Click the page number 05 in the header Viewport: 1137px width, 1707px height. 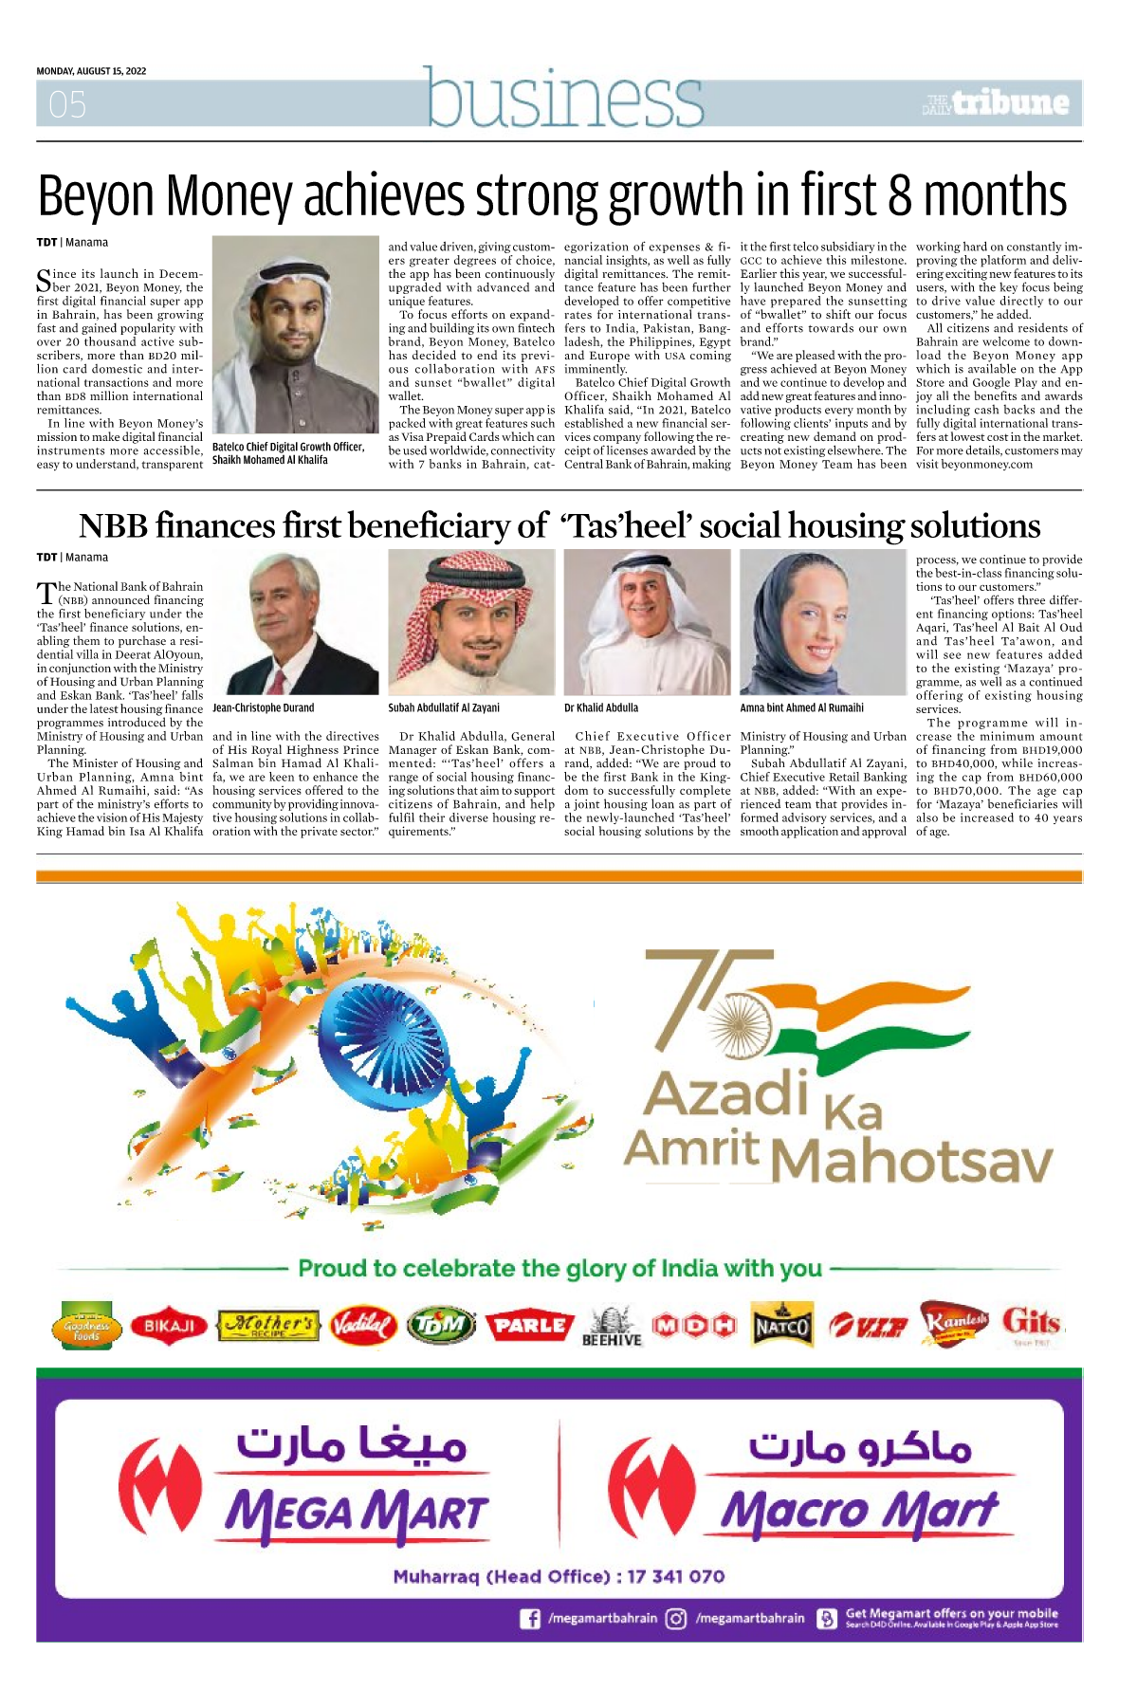tap(67, 104)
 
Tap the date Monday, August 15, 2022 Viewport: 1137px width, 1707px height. tap(91, 71)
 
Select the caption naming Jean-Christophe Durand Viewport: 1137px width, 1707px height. tap(263, 707)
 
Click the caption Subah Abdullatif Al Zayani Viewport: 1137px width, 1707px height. tap(443, 707)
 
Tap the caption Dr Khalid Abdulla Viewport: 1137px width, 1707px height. tap(601, 707)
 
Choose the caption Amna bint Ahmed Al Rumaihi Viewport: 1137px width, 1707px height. tap(801, 707)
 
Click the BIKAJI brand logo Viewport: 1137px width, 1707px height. tap(169, 1326)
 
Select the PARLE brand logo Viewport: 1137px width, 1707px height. tap(530, 1325)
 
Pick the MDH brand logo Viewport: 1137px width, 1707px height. tap(694, 1325)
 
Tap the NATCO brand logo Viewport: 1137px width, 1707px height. tap(781, 1326)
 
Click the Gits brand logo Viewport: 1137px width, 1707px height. tap(1031, 1323)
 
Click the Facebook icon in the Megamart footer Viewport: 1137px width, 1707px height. tap(530, 1619)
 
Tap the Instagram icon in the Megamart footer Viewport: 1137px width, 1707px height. tap(675, 1619)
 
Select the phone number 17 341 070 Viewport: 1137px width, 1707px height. tap(675, 1576)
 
